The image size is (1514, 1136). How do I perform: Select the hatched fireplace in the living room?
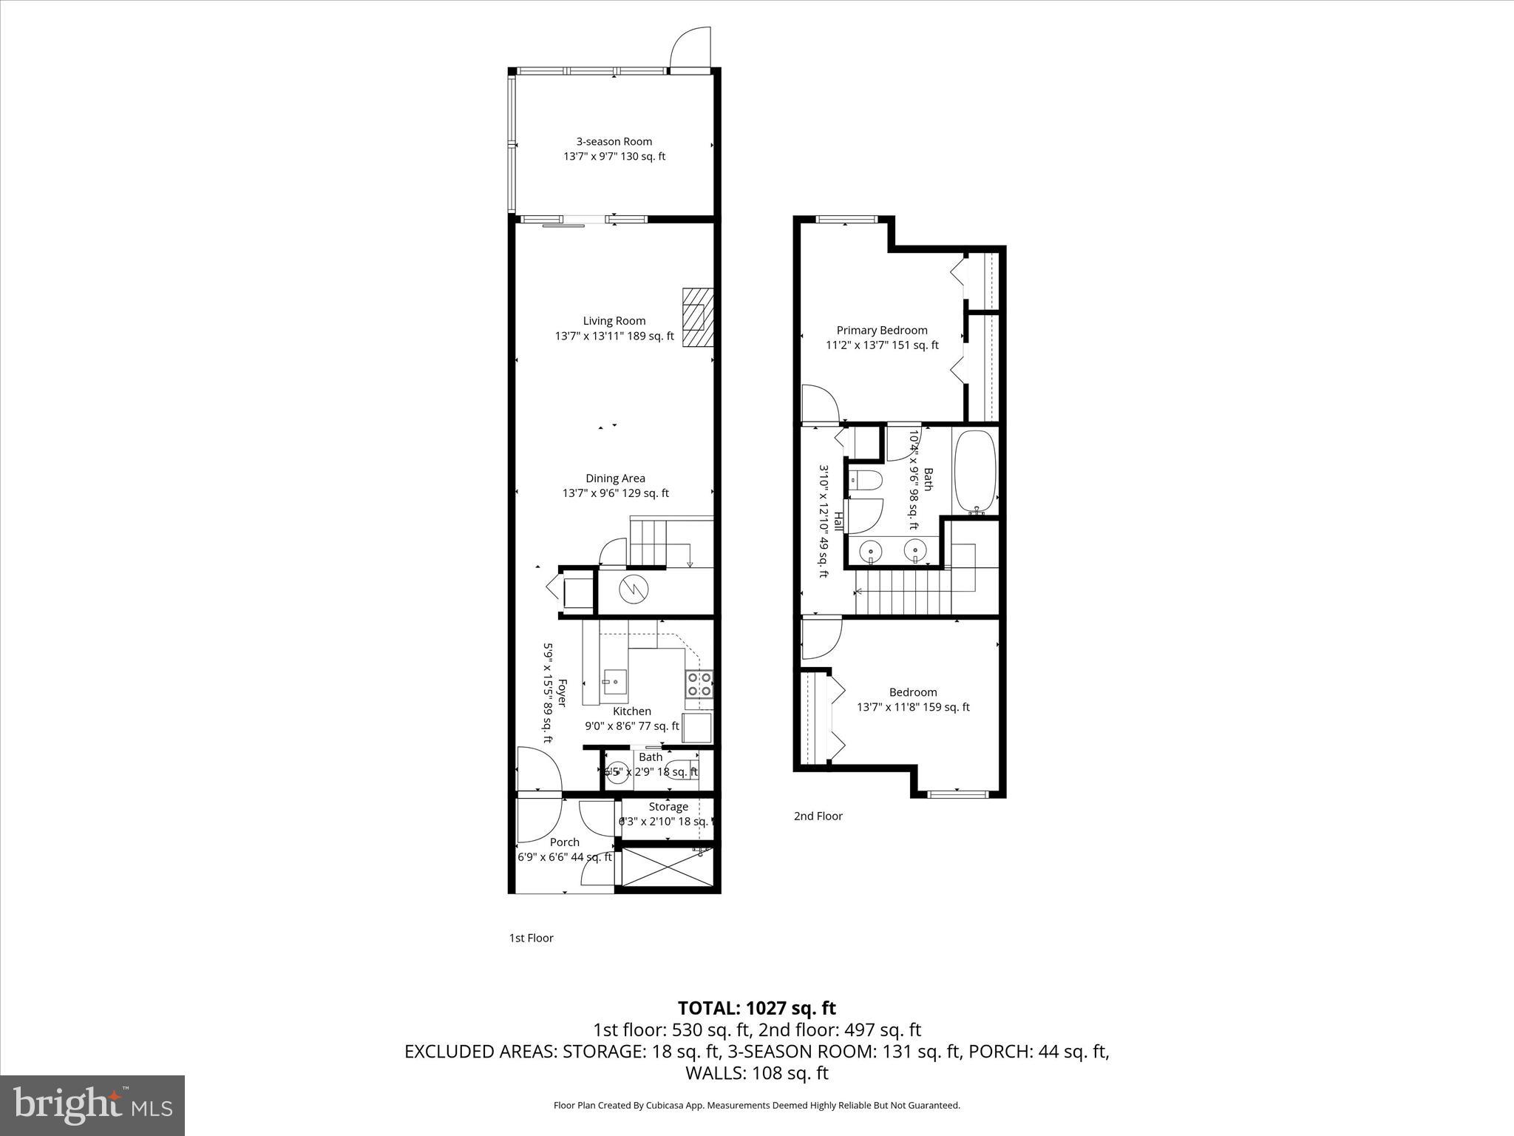[x=698, y=317]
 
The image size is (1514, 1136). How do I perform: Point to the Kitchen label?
[x=632, y=711]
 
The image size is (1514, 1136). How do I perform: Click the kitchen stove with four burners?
[x=699, y=684]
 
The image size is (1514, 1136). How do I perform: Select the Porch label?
[x=565, y=842]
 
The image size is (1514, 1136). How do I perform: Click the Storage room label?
[x=668, y=807]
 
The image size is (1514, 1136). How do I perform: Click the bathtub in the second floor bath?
[x=975, y=472]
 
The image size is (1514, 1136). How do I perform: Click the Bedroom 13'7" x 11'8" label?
[x=913, y=700]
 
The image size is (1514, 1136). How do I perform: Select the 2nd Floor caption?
[x=818, y=816]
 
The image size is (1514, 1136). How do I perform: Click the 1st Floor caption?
[x=531, y=939]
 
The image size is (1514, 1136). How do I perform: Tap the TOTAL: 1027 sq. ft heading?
[x=757, y=1008]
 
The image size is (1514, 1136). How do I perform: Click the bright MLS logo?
[x=92, y=1106]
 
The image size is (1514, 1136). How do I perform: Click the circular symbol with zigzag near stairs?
[x=634, y=589]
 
